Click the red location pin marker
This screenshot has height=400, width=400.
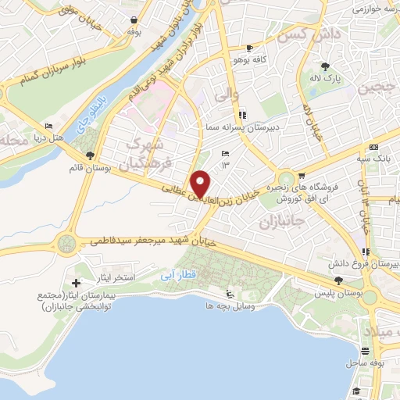[201, 184]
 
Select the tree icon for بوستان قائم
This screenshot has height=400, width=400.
[91, 155]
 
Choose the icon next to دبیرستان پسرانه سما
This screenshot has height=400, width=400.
[241, 112]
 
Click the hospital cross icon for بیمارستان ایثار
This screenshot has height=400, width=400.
[76, 282]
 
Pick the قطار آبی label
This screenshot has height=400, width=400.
[187, 275]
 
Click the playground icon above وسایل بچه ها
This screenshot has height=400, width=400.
[229, 295]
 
